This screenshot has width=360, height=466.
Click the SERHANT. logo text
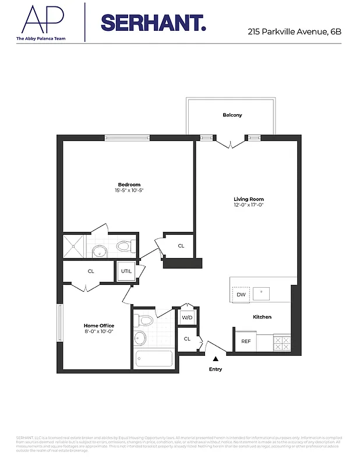click(153, 23)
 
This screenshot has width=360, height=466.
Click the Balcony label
click(232, 115)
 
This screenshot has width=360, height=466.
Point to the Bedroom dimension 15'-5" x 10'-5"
click(129, 190)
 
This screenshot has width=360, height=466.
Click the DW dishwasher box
click(241, 295)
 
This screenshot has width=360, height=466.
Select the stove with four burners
click(281, 343)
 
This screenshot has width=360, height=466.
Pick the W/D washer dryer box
click(186, 317)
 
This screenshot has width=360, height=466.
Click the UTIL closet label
click(126, 271)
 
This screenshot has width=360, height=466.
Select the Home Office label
click(98, 326)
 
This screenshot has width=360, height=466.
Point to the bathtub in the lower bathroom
click(154, 358)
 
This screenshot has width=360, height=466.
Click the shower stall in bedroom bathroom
click(75, 246)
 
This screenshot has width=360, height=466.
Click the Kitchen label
click(262, 317)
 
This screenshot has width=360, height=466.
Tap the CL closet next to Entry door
click(187, 338)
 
